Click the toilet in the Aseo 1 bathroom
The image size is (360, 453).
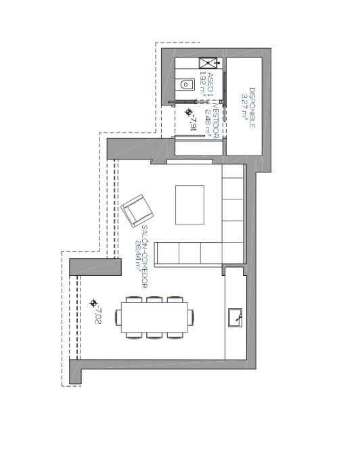[x=186, y=85]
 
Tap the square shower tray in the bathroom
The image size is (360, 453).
[x=208, y=63]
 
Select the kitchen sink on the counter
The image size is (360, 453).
[x=235, y=318]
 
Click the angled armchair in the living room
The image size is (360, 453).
[x=137, y=210]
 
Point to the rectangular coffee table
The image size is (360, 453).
[x=189, y=205]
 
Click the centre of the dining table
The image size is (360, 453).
[x=154, y=317]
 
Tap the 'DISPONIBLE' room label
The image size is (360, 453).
[x=252, y=108]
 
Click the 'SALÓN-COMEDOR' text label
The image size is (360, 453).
[x=145, y=256]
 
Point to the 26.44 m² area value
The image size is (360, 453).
[x=138, y=255]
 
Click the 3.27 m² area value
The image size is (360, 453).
[x=245, y=106]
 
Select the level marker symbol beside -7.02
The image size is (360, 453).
[x=93, y=303]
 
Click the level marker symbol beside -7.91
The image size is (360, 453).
[x=189, y=112]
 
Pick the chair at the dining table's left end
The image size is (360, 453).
[x=118, y=317]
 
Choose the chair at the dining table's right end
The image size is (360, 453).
[x=191, y=317]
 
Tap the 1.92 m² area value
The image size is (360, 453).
[x=203, y=84]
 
